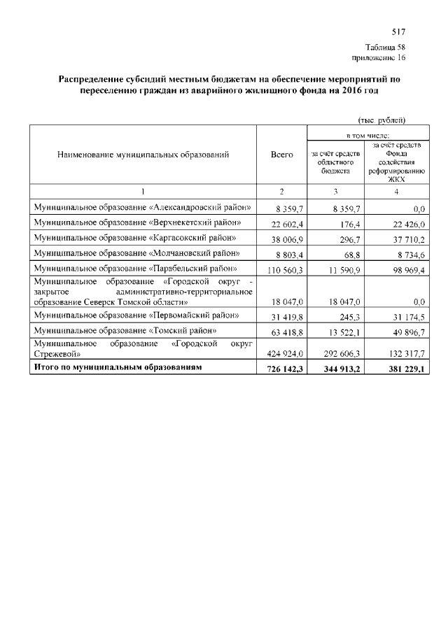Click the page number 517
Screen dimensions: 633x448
[x=398, y=32]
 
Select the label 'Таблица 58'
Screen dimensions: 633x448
[x=385, y=47]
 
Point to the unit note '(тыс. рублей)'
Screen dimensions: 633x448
[x=381, y=120]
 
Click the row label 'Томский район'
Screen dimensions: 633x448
[x=125, y=329]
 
